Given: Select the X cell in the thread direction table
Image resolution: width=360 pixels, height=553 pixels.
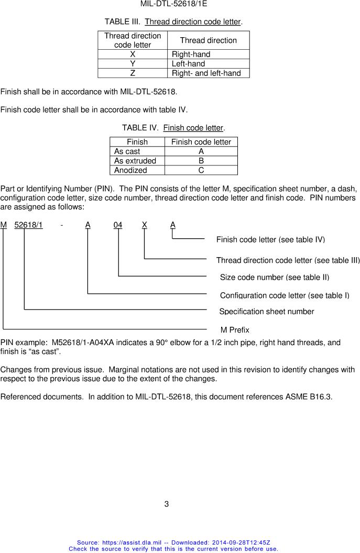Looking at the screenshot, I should pos(133,54).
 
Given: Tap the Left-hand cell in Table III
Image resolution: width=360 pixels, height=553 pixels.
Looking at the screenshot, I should pos(188,64).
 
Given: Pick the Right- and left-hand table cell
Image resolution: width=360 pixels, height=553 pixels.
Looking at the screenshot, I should pos(206,73).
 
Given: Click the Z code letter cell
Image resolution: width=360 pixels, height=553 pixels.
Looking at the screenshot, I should pos(133,73).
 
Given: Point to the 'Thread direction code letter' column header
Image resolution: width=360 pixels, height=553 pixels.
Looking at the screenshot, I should pos(133,40).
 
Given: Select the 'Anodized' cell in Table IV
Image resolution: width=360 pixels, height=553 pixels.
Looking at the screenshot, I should pos(130,170).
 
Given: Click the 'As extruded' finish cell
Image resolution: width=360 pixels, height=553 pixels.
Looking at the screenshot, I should pos(135,161).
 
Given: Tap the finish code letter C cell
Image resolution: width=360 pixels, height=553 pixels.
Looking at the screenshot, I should pos(201,170).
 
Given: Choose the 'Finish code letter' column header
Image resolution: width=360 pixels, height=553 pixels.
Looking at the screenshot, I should pos(201,142).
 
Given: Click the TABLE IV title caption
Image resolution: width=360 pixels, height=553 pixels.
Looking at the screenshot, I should pos(173,128).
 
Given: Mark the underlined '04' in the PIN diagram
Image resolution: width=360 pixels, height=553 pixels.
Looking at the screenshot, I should pos(118,225).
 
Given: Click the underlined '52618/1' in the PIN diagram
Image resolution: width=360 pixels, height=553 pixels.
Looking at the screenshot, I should pos(28,225).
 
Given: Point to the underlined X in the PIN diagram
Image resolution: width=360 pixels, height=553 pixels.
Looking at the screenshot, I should pos(144,225).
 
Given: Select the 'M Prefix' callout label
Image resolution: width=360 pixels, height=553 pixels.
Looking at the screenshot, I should pos(235,330).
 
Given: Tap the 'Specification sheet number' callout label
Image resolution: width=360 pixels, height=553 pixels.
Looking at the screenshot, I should pos(266,312).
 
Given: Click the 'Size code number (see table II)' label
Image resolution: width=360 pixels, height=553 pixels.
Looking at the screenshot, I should pos(275,277).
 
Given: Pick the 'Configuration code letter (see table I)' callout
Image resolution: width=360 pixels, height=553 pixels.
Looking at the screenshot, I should pos(285,295).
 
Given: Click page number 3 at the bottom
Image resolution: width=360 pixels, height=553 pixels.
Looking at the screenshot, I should pos(167,504).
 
